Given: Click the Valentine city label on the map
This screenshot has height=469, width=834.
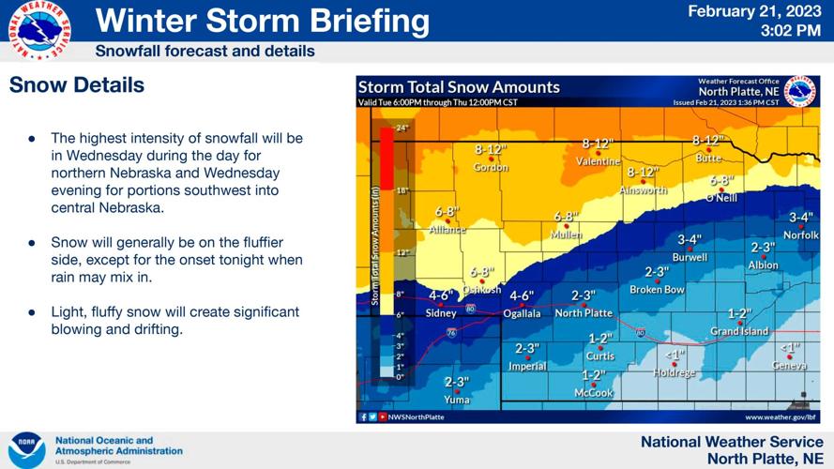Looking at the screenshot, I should [x=599, y=161].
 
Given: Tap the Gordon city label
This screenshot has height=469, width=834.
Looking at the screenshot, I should [x=491, y=167].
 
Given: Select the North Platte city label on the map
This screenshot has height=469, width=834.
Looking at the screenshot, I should [x=584, y=313].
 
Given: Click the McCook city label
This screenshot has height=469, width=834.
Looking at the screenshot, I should [x=593, y=392].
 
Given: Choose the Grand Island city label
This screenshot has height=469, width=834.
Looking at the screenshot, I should [x=739, y=331].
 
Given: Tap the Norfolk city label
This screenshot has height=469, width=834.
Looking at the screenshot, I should [x=800, y=234].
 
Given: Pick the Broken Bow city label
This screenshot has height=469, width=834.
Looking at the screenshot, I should [x=657, y=290].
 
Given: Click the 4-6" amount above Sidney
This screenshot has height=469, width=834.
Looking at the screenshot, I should [x=441, y=295].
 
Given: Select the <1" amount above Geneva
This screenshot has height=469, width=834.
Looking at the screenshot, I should [x=789, y=347].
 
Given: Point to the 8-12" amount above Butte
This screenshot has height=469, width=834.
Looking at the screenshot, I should [x=708, y=141].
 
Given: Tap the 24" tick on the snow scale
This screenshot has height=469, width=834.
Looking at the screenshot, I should [x=402, y=128].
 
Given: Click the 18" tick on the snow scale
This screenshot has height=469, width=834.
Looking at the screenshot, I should [x=402, y=190].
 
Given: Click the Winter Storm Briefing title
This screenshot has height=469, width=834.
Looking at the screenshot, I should [x=263, y=20].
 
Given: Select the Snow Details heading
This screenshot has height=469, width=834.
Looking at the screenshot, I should [x=77, y=85].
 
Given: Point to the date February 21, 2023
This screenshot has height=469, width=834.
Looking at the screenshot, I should [x=754, y=12].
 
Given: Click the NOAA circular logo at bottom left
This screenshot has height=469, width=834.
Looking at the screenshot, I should [x=26, y=450].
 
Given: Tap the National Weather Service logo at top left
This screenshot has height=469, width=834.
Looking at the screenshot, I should [x=38, y=31].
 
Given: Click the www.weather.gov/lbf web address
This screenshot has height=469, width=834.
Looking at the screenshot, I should [x=781, y=416].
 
